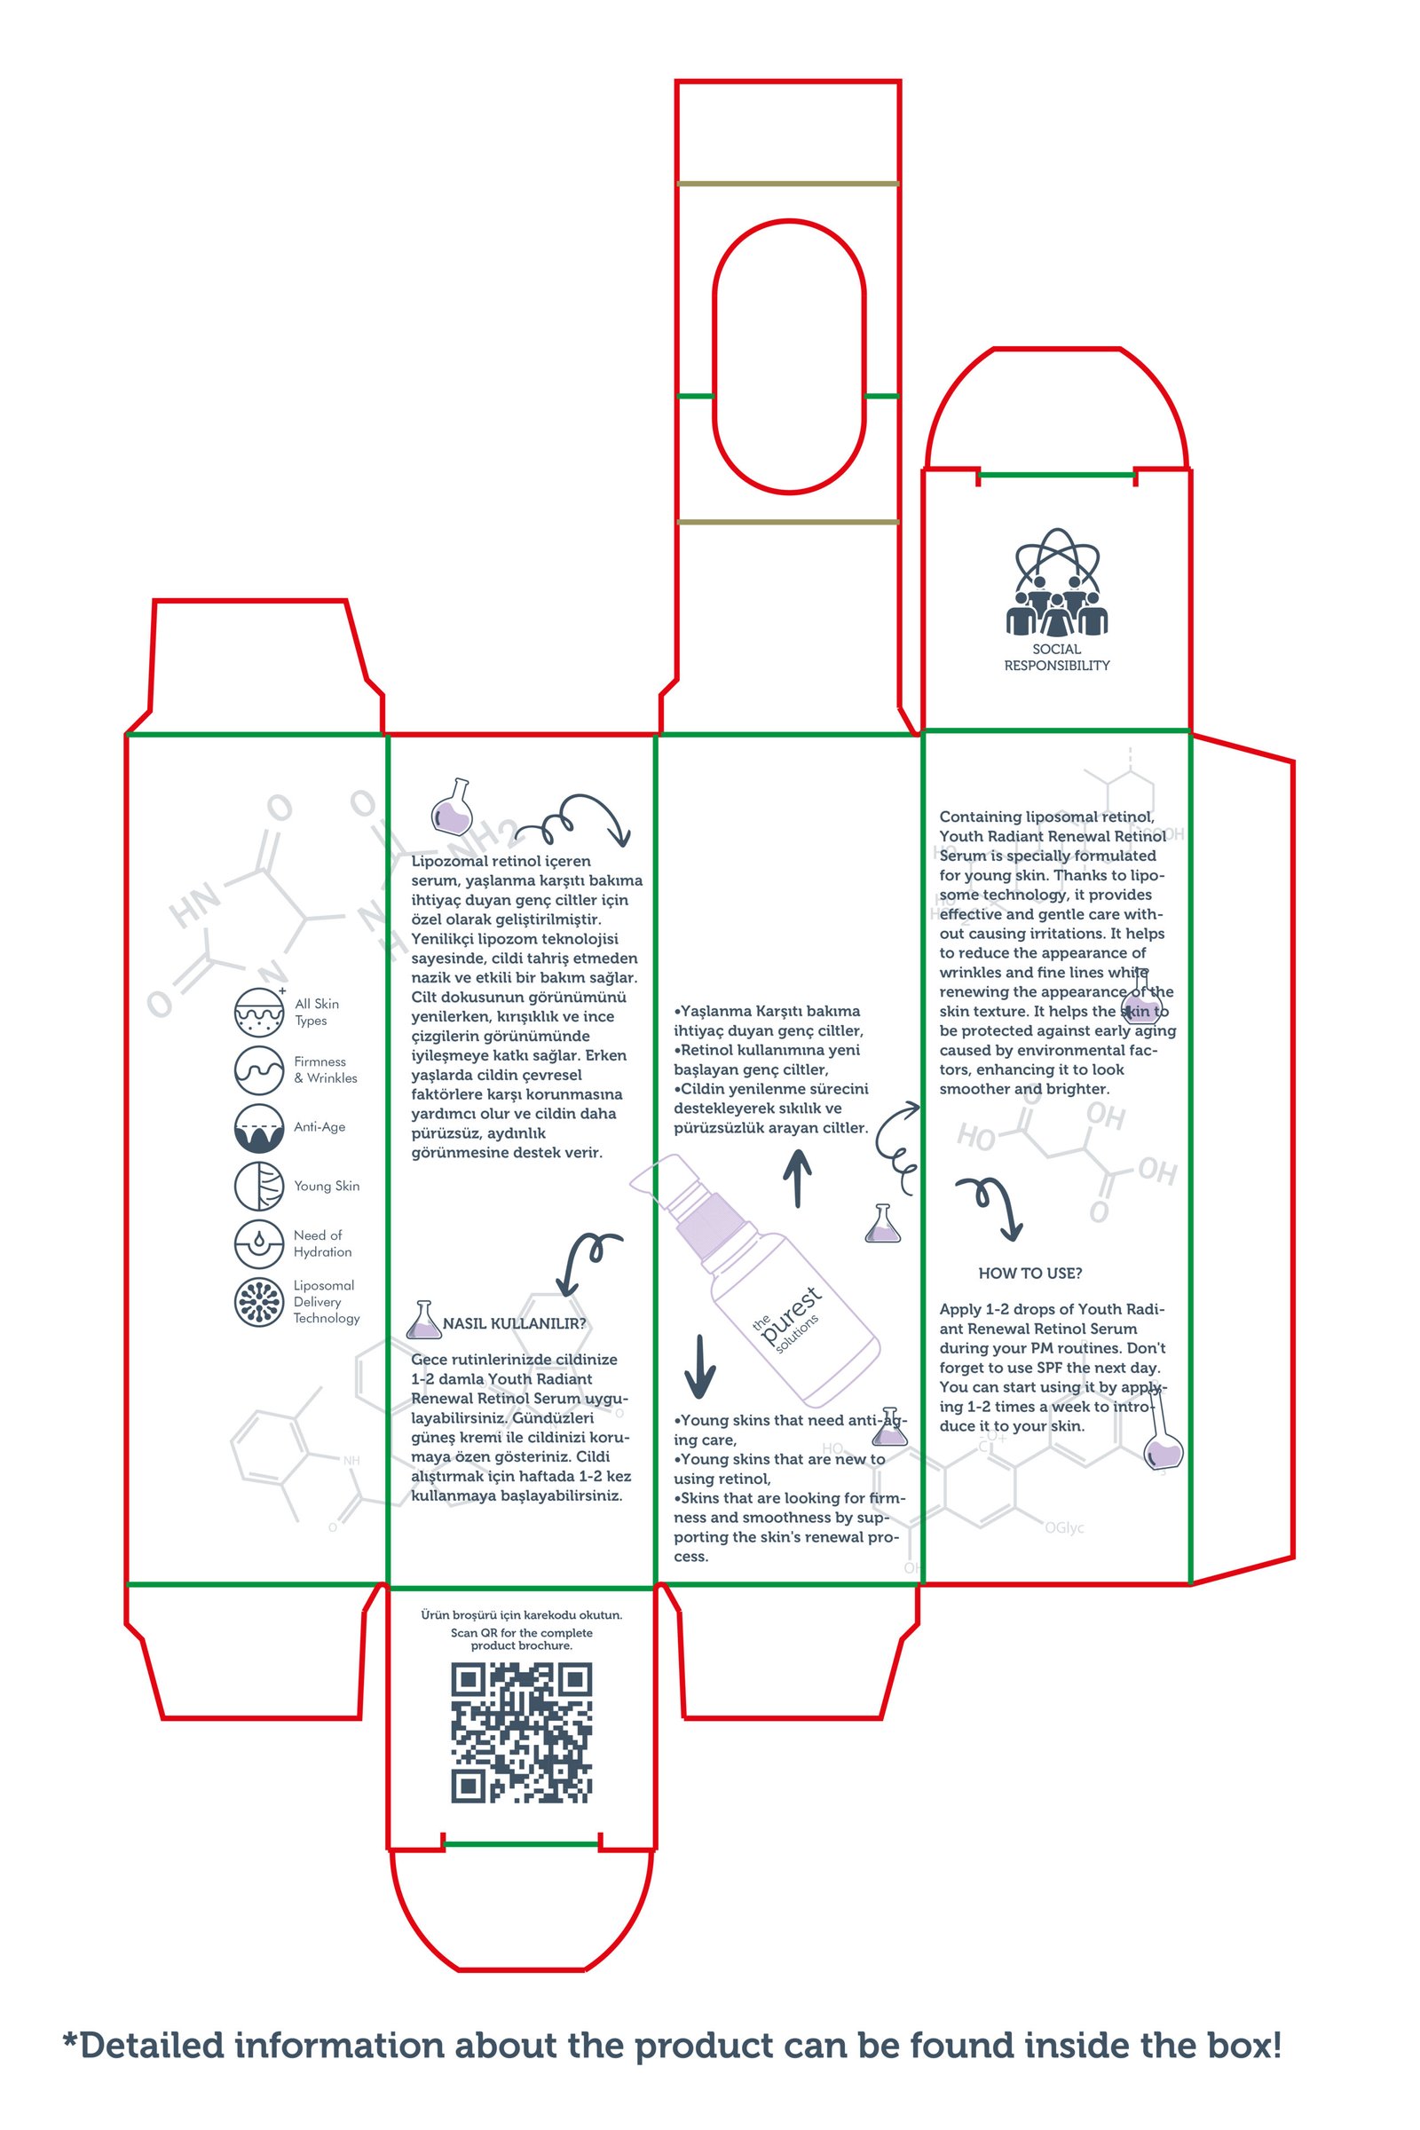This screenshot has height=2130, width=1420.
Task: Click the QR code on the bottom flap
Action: tap(522, 1732)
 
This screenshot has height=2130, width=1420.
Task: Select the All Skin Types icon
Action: tap(259, 1012)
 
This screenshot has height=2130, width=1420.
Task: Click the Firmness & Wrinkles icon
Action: tap(259, 1069)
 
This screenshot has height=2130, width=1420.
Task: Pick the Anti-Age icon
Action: tap(259, 1127)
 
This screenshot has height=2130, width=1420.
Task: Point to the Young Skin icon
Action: tap(259, 1186)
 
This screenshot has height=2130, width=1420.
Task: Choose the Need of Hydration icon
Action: tap(259, 1243)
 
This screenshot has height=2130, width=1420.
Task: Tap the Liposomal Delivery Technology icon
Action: tap(259, 1301)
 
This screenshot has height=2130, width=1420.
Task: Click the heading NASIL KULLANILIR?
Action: tap(514, 1323)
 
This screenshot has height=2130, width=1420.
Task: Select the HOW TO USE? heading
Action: tap(1029, 1274)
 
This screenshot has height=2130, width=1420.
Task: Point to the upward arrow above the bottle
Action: tap(797, 1179)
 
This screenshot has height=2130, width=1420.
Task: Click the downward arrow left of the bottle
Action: tap(700, 1367)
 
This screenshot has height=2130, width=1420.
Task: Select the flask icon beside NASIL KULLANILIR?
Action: tap(423, 1321)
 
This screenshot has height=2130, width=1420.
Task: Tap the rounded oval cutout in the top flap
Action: tap(789, 356)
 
